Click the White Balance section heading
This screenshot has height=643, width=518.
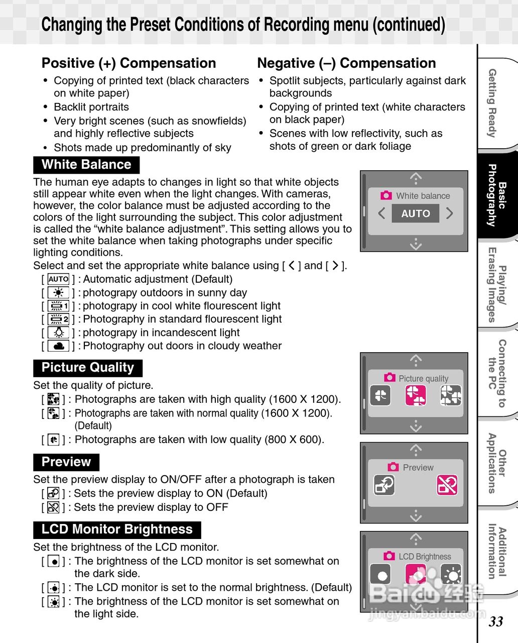[86, 165]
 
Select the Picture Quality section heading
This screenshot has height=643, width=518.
[88, 368]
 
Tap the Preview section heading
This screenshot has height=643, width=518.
[66, 462]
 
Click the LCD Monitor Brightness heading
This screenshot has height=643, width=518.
[117, 529]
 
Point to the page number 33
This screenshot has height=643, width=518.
[496, 621]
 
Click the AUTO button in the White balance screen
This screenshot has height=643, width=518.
[415, 213]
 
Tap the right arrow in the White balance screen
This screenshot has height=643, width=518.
[449, 213]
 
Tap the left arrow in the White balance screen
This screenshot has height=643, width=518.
[381, 213]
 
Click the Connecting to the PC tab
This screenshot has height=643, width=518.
[497, 373]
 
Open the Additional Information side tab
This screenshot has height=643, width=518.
[497, 551]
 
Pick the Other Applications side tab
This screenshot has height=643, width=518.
[497, 463]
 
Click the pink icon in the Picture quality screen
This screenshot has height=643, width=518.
[416, 395]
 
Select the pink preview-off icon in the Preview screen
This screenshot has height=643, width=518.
[447, 485]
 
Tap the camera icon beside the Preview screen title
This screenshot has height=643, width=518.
[393, 467]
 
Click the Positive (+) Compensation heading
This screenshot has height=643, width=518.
[128, 63]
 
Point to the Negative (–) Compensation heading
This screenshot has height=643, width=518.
[346, 63]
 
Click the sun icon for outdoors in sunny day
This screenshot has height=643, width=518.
[59, 293]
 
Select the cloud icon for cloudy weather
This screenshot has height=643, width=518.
[59, 346]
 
